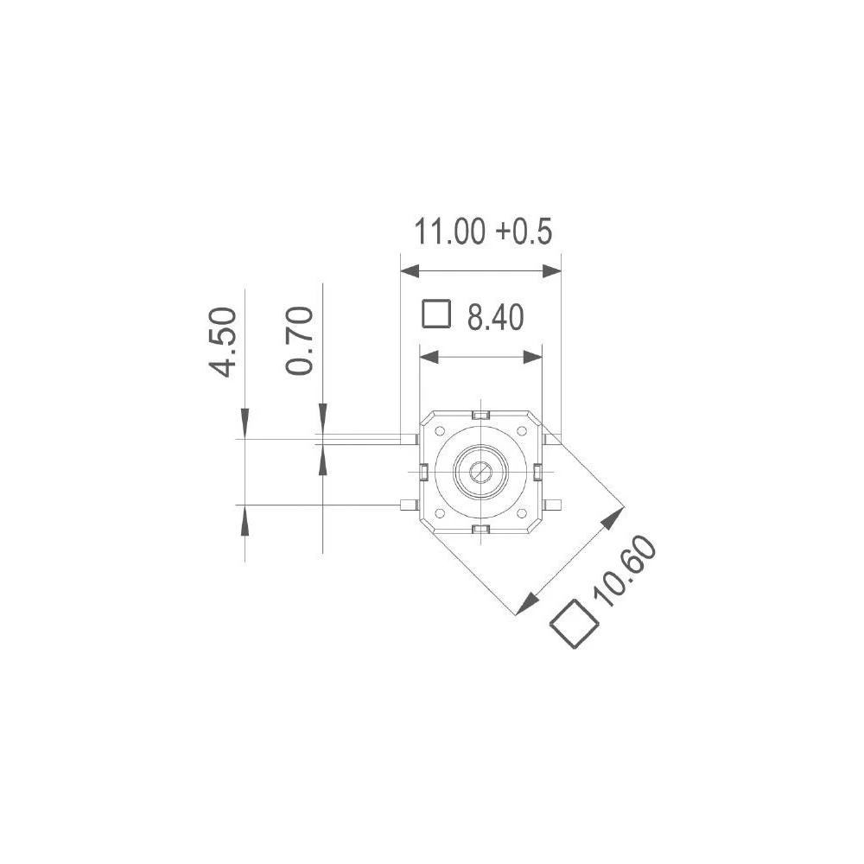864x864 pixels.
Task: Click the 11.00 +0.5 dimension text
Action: (482, 232)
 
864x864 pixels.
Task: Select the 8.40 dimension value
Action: (495, 318)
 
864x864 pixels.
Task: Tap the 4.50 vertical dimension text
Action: (222, 341)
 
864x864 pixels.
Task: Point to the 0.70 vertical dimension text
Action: (299, 341)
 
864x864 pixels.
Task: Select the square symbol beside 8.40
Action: (436, 314)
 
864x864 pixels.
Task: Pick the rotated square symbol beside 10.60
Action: (575, 624)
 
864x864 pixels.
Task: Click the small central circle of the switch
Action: (480, 472)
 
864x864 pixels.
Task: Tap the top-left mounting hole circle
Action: (439, 431)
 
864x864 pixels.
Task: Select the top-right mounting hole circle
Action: (522, 431)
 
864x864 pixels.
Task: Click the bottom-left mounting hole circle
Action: (439, 513)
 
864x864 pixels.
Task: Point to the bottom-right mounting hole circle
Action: (522, 513)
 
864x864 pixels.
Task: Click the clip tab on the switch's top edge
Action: (481, 416)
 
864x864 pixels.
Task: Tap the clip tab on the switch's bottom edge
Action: (481, 529)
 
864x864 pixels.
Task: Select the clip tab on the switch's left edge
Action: (424, 472)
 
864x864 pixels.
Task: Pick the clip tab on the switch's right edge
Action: (537, 472)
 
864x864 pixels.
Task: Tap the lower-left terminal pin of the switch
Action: (409, 505)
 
